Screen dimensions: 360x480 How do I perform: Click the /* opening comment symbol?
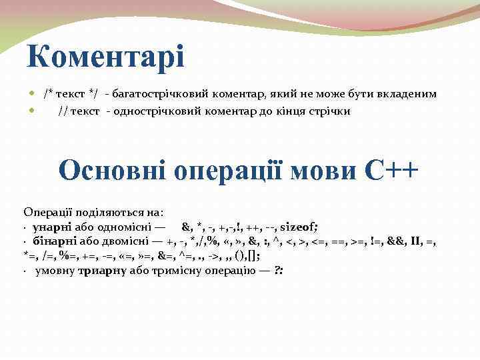(x=50, y=94)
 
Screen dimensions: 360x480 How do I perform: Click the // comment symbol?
(x=64, y=111)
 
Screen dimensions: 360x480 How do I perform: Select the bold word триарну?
(x=101, y=270)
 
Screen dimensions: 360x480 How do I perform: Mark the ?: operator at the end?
(x=279, y=270)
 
